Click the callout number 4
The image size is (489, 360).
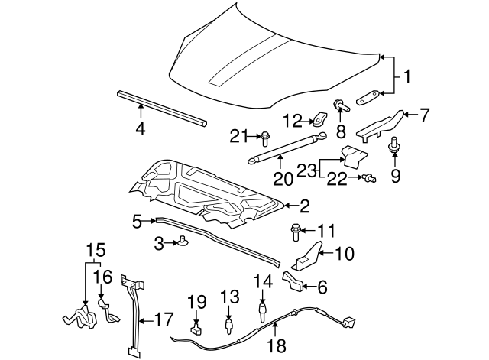point(140,129)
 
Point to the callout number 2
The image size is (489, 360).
point(304,205)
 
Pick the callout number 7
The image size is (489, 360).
point(425,115)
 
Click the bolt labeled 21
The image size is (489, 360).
point(264,138)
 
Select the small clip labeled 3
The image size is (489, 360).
point(184,243)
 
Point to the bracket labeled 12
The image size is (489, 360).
point(319,119)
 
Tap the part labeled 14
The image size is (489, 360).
point(262,310)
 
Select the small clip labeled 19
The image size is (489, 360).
point(196,329)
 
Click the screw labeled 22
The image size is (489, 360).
point(370,178)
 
